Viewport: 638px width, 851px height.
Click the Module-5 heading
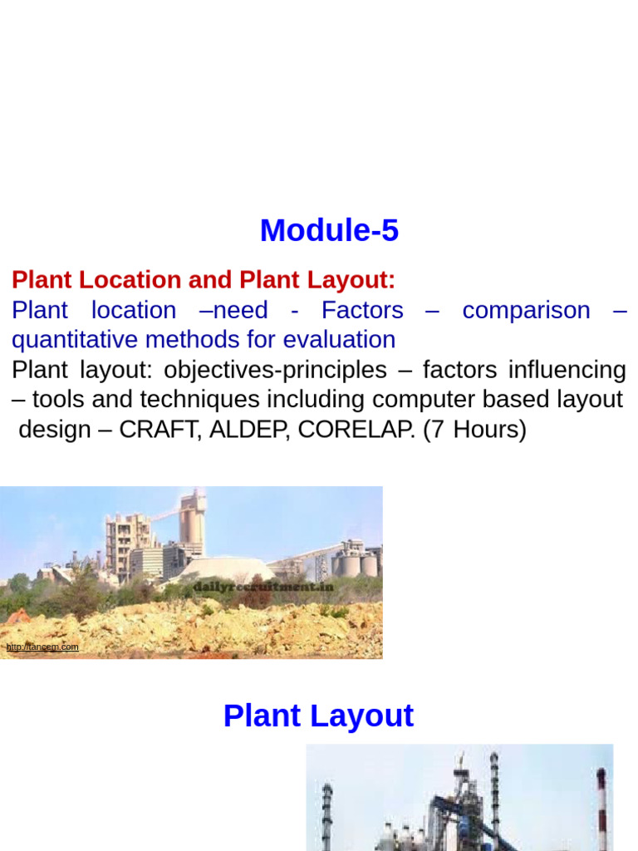[329, 230]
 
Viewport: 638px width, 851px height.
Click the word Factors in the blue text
[362, 310]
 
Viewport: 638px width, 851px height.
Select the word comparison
[526, 310]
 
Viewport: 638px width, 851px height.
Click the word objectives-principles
[275, 370]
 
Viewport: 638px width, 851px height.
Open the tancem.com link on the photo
[42, 647]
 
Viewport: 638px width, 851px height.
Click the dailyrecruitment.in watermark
[263, 587]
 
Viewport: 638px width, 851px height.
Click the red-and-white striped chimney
[601, 806]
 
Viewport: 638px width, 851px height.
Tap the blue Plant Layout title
[318, 716]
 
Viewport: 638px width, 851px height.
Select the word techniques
[199, 400]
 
